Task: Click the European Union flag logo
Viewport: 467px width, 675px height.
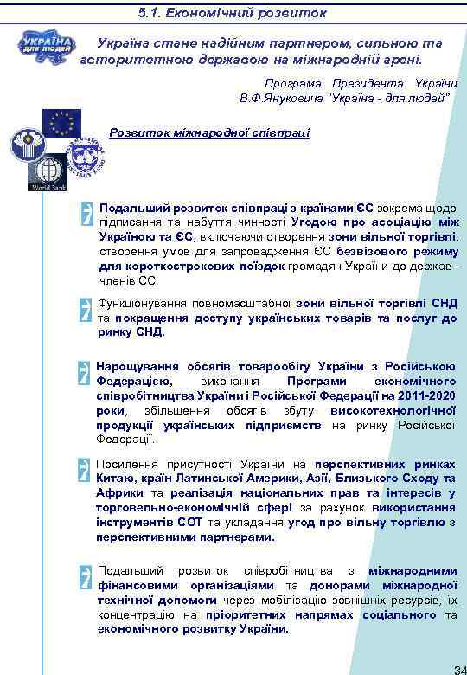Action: tap(62, 123)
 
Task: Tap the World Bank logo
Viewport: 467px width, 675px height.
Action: tap(48, 171)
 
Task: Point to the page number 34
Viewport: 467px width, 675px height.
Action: tap(459, 669)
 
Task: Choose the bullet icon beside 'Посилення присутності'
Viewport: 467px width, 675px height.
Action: tap(84, 470)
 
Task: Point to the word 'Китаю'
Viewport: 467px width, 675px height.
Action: tap(116, 478)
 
